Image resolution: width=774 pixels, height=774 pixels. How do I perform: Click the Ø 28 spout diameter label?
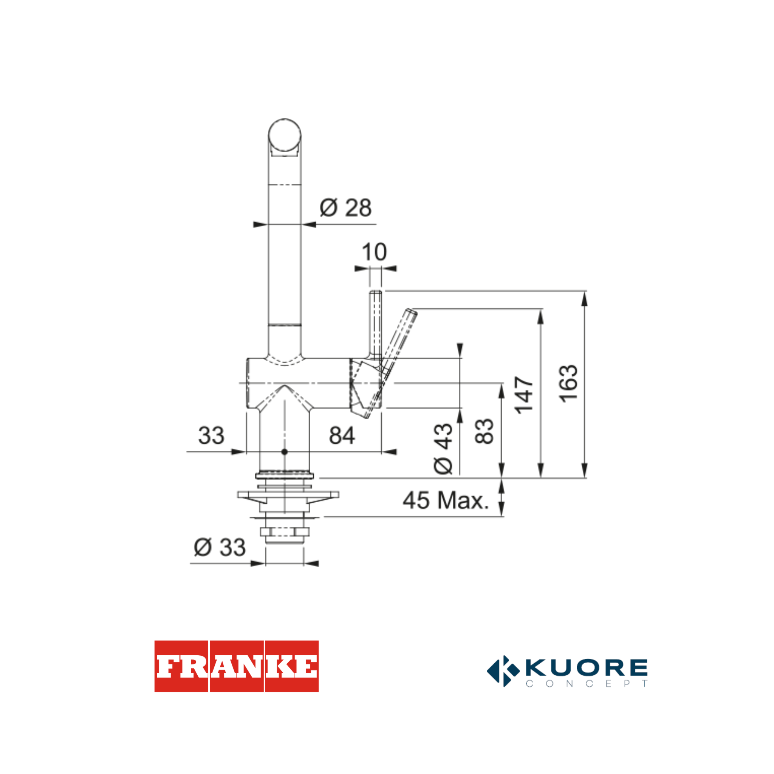pyautogui.click(x=345, y=208)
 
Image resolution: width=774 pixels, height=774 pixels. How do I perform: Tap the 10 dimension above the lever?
pyautogui.click(x=374, y=252)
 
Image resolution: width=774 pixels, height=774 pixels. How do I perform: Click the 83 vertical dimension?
pyautogui.click(x=484, y=432)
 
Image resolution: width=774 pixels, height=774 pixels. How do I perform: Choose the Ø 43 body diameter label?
pyautogui.click(x=443, y=449)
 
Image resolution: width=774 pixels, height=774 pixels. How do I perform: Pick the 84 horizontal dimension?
pyautogui.click(x=342, y=435)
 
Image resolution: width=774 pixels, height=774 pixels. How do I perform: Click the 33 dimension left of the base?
pyautogui.click(x=211, y=435)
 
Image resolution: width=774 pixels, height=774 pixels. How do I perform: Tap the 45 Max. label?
pyautogui.click(x=446, y=500)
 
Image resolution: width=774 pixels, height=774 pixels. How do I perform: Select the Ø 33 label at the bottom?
pyautogui.click(x=220, y=547)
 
